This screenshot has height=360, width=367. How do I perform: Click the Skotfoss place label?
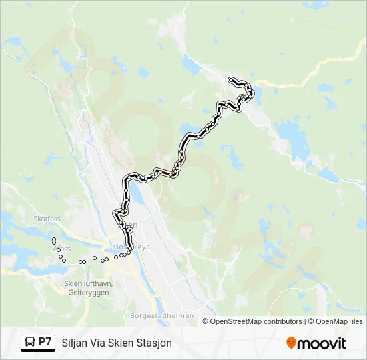point(47,218)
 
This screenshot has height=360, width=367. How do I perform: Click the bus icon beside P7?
point(30,343)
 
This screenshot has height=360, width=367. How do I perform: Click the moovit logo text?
point(322,343)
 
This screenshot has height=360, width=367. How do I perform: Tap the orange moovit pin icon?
point(291,343)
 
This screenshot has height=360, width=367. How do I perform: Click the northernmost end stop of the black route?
point(231,80)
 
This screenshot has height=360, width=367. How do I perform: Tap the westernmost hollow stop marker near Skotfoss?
point(53,238)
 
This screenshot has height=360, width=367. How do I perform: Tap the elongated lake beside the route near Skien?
point(136,195)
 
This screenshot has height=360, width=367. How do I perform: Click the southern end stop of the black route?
point(129,249)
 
